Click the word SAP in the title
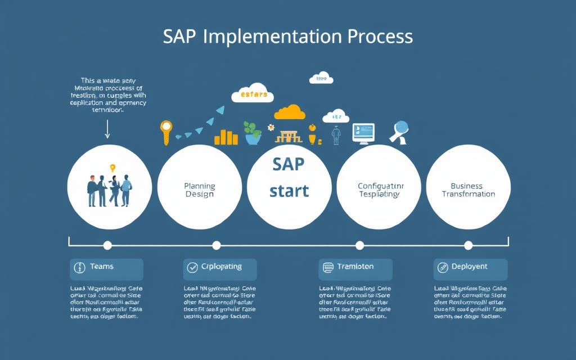180,37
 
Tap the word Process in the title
380,37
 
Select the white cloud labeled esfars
253,94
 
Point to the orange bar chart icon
226,137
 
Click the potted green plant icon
253,133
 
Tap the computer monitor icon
363,133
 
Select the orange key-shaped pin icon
165,131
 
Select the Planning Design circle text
200,190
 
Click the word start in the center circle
289,191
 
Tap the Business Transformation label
468,190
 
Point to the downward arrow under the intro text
107,130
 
